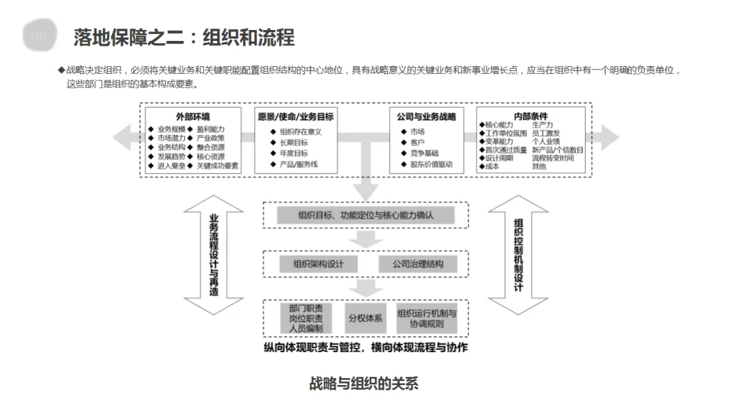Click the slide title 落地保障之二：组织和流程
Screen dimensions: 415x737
(184, 37)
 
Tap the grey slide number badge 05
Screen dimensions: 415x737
(40, 36)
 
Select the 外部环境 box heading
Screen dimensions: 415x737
(192, 117)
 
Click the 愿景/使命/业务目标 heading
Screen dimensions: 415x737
(296, 117)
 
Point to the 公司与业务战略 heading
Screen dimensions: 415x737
(427, 117)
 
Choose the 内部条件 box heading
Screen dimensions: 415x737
(530, 117)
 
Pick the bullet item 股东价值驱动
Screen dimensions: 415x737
(431, 164)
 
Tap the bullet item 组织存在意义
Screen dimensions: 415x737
(300, 132)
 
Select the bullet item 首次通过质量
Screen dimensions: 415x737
(506, 149)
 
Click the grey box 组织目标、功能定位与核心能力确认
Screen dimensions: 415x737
(366, 216)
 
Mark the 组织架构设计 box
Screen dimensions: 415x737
(319, 264)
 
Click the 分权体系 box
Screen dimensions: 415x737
(366, 318)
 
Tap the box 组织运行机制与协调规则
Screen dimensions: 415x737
(427, 318)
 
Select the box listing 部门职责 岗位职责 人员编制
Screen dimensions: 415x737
(306, 318)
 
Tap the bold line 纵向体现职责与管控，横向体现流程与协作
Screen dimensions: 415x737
(366, 347)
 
